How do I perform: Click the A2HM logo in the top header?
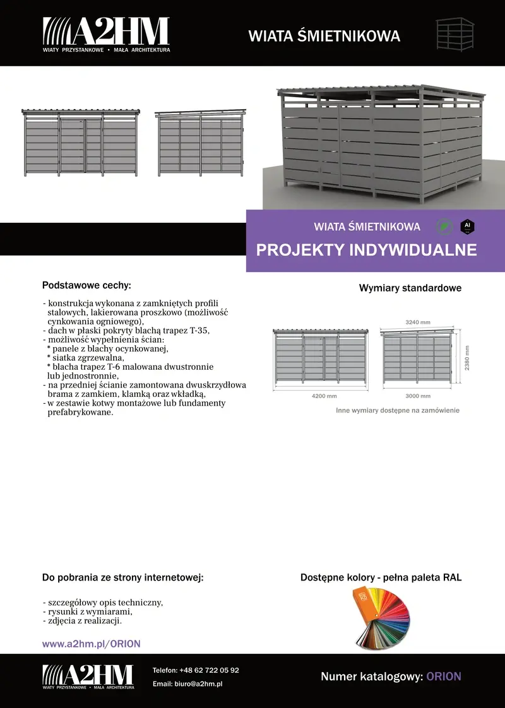(106, 35)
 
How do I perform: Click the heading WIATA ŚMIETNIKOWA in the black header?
(324, 36)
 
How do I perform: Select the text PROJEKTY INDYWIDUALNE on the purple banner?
(366, 250)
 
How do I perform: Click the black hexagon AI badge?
(467, 225)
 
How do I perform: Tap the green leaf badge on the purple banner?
(445, 226)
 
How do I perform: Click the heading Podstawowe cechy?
(86, 285)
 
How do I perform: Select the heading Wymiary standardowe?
(410, 288)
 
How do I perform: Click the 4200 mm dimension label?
(324, 396)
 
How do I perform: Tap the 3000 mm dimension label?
(417, 396)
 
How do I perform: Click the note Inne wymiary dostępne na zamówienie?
(397, 410)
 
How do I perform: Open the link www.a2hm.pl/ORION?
(91, 644)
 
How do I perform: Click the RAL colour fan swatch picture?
(382, 618)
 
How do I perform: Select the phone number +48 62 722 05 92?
(209, 670)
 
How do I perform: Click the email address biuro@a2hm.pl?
(199, 684)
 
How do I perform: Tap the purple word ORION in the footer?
(444, 676)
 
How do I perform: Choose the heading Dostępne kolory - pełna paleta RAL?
(381, 577)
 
